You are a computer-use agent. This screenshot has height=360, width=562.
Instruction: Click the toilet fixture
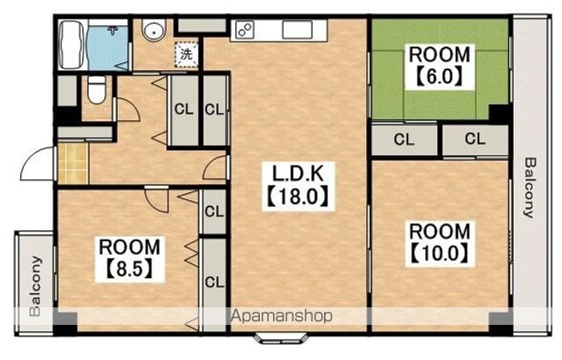coord(97,90)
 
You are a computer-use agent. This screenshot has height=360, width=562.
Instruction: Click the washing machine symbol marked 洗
coord(186,54)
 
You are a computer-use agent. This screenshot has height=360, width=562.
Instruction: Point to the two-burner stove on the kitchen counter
coord(245,29)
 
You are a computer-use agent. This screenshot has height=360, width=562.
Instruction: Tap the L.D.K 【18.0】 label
coord(299,186)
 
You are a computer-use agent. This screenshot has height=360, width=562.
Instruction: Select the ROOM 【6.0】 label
coord(440,66)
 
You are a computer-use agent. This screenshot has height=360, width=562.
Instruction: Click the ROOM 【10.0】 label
coord(440,243)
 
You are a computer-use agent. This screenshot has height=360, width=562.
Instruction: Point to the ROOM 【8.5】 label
coord(130,259)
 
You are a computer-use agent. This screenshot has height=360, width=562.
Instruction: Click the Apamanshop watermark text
coord(281,316)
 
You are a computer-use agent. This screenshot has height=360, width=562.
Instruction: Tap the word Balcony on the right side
coord(530,187)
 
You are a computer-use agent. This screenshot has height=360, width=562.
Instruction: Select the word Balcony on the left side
coord(36,286)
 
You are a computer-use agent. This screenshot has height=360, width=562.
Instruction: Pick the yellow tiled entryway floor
coord(73,163)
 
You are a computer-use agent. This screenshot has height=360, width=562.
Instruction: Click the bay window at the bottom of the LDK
coord(281,339)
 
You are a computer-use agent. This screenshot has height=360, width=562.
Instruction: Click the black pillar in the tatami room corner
coord(500,114)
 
